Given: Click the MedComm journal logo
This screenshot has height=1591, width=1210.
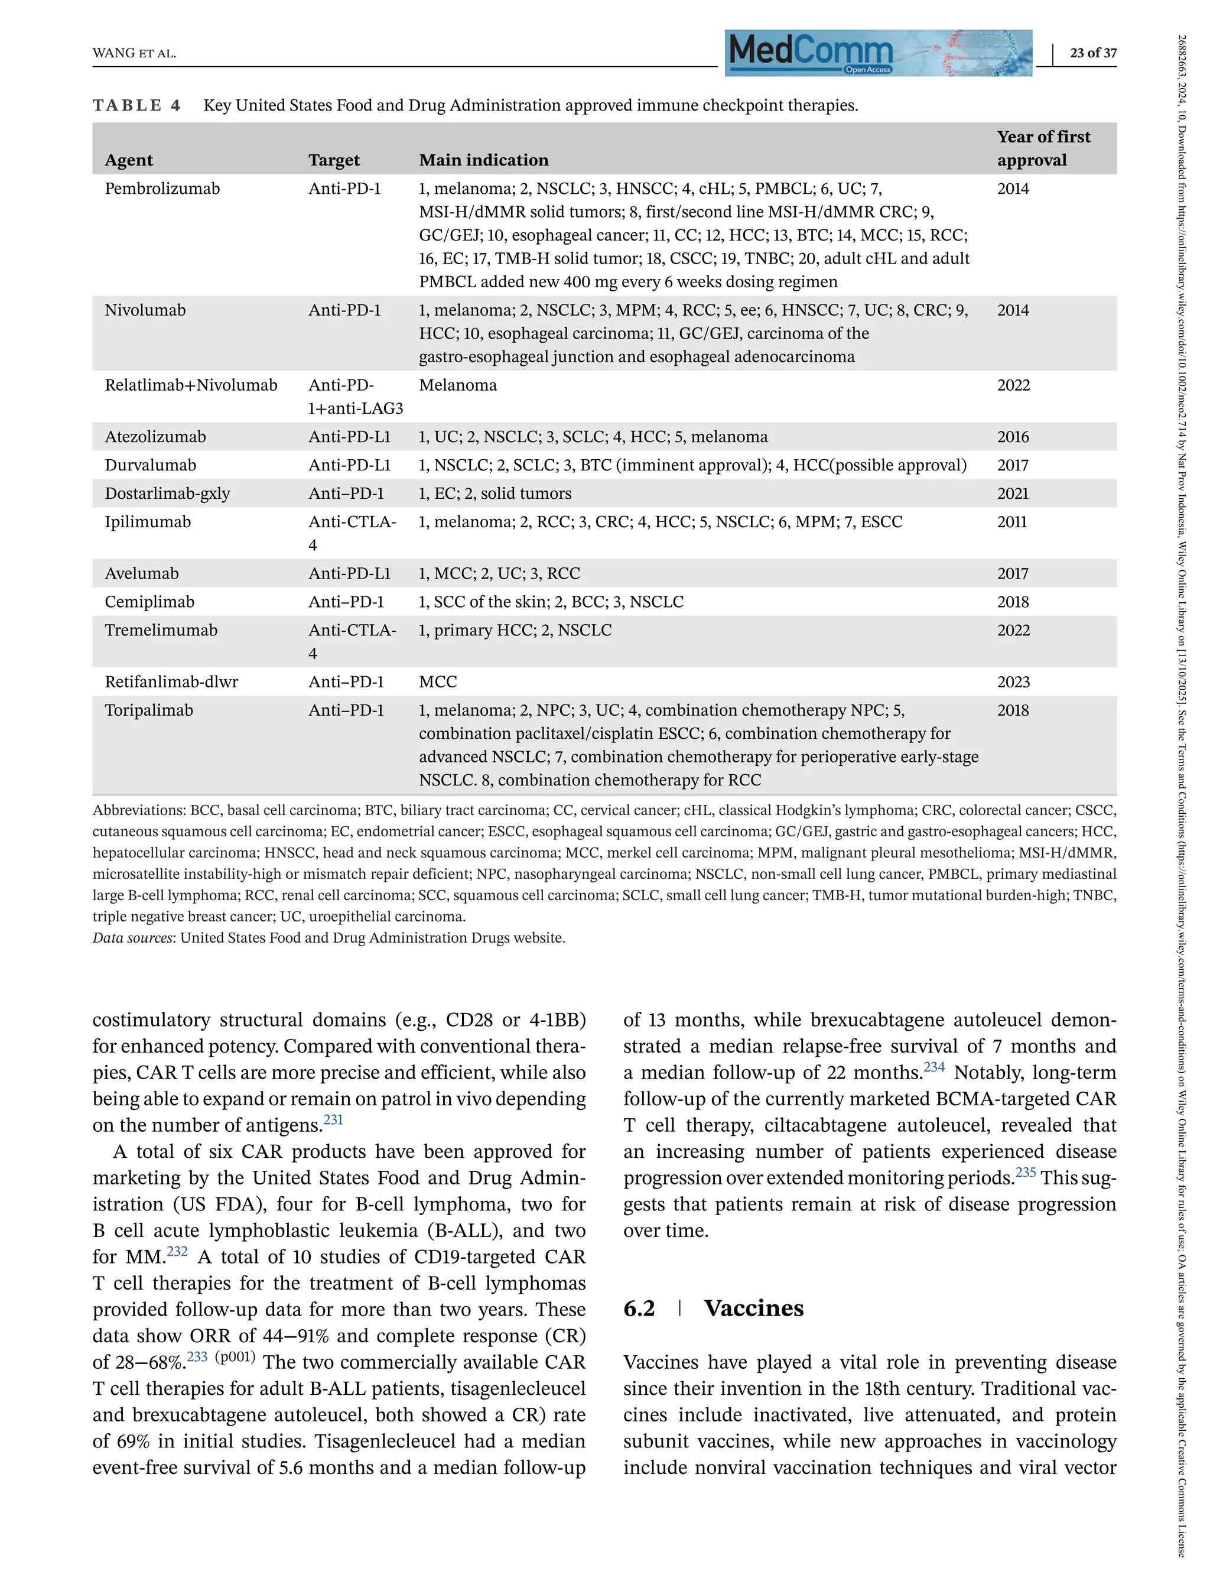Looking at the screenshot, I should tap(878, 53).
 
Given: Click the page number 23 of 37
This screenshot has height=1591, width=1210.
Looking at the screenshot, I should tap(1092, 53).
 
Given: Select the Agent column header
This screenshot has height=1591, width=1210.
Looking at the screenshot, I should tap(129, 160).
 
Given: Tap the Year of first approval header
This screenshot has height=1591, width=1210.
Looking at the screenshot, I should tap(1043, 148).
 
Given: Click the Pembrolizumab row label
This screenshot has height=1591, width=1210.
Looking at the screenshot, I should tap(162, 189).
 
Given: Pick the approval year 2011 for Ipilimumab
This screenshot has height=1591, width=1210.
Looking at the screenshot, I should tap(1012, 522).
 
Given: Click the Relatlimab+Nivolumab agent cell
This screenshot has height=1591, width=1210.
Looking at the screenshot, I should tap(191, 385).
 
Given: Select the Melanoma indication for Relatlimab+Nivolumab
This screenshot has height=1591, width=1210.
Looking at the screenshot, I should tap(457, 385).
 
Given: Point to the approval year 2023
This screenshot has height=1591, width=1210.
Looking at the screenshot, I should tap(1013, 681).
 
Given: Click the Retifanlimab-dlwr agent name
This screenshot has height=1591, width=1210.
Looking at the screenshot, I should tap(171, 681).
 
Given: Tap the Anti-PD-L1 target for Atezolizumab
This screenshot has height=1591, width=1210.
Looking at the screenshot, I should tap(349, 437).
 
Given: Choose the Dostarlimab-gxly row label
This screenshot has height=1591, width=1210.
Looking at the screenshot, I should tap(167, 493).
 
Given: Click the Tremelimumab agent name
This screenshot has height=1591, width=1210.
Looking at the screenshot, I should tap(161, 631).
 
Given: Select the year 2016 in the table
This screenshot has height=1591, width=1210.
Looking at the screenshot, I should tap(1013, 437).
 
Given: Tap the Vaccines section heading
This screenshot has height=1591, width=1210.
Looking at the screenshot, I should tap(753, 1308).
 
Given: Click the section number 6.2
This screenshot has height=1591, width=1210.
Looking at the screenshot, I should tap(639, 1308).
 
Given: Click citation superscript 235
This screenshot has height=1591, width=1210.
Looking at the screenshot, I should tap(1025, 1173).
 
